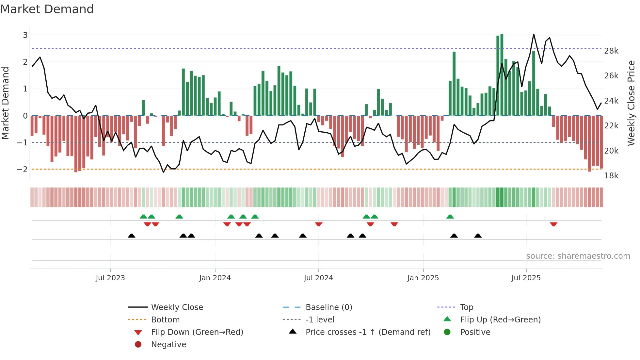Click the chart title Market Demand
47,9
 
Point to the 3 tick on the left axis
25,35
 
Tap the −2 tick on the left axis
23,169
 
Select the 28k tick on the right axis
611,51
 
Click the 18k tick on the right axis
611,176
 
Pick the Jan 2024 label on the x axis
215,278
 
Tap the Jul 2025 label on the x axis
526,278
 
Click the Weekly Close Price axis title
631,103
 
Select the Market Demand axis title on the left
6,103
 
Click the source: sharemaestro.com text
578,256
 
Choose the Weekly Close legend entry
177,307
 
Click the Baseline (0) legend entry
328,307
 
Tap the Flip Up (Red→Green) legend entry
500,320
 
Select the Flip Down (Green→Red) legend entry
197,332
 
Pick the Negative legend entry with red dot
168,345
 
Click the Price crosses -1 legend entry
368,332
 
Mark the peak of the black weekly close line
534,34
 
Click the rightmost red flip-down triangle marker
553,224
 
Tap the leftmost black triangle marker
131,236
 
